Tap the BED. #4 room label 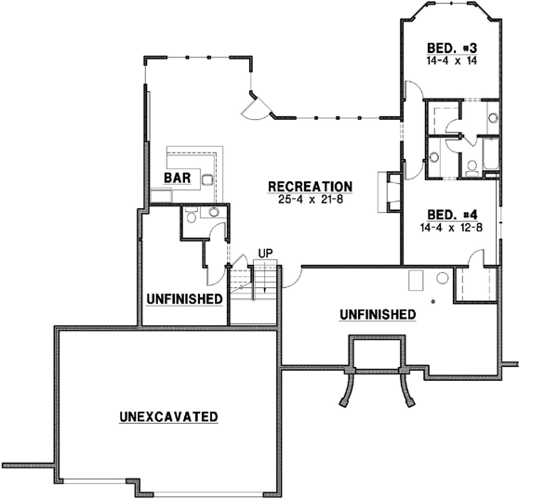451,212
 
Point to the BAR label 178,177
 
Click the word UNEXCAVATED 168,416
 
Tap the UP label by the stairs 265,253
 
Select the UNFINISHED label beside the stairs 184,299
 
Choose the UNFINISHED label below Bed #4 377,314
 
